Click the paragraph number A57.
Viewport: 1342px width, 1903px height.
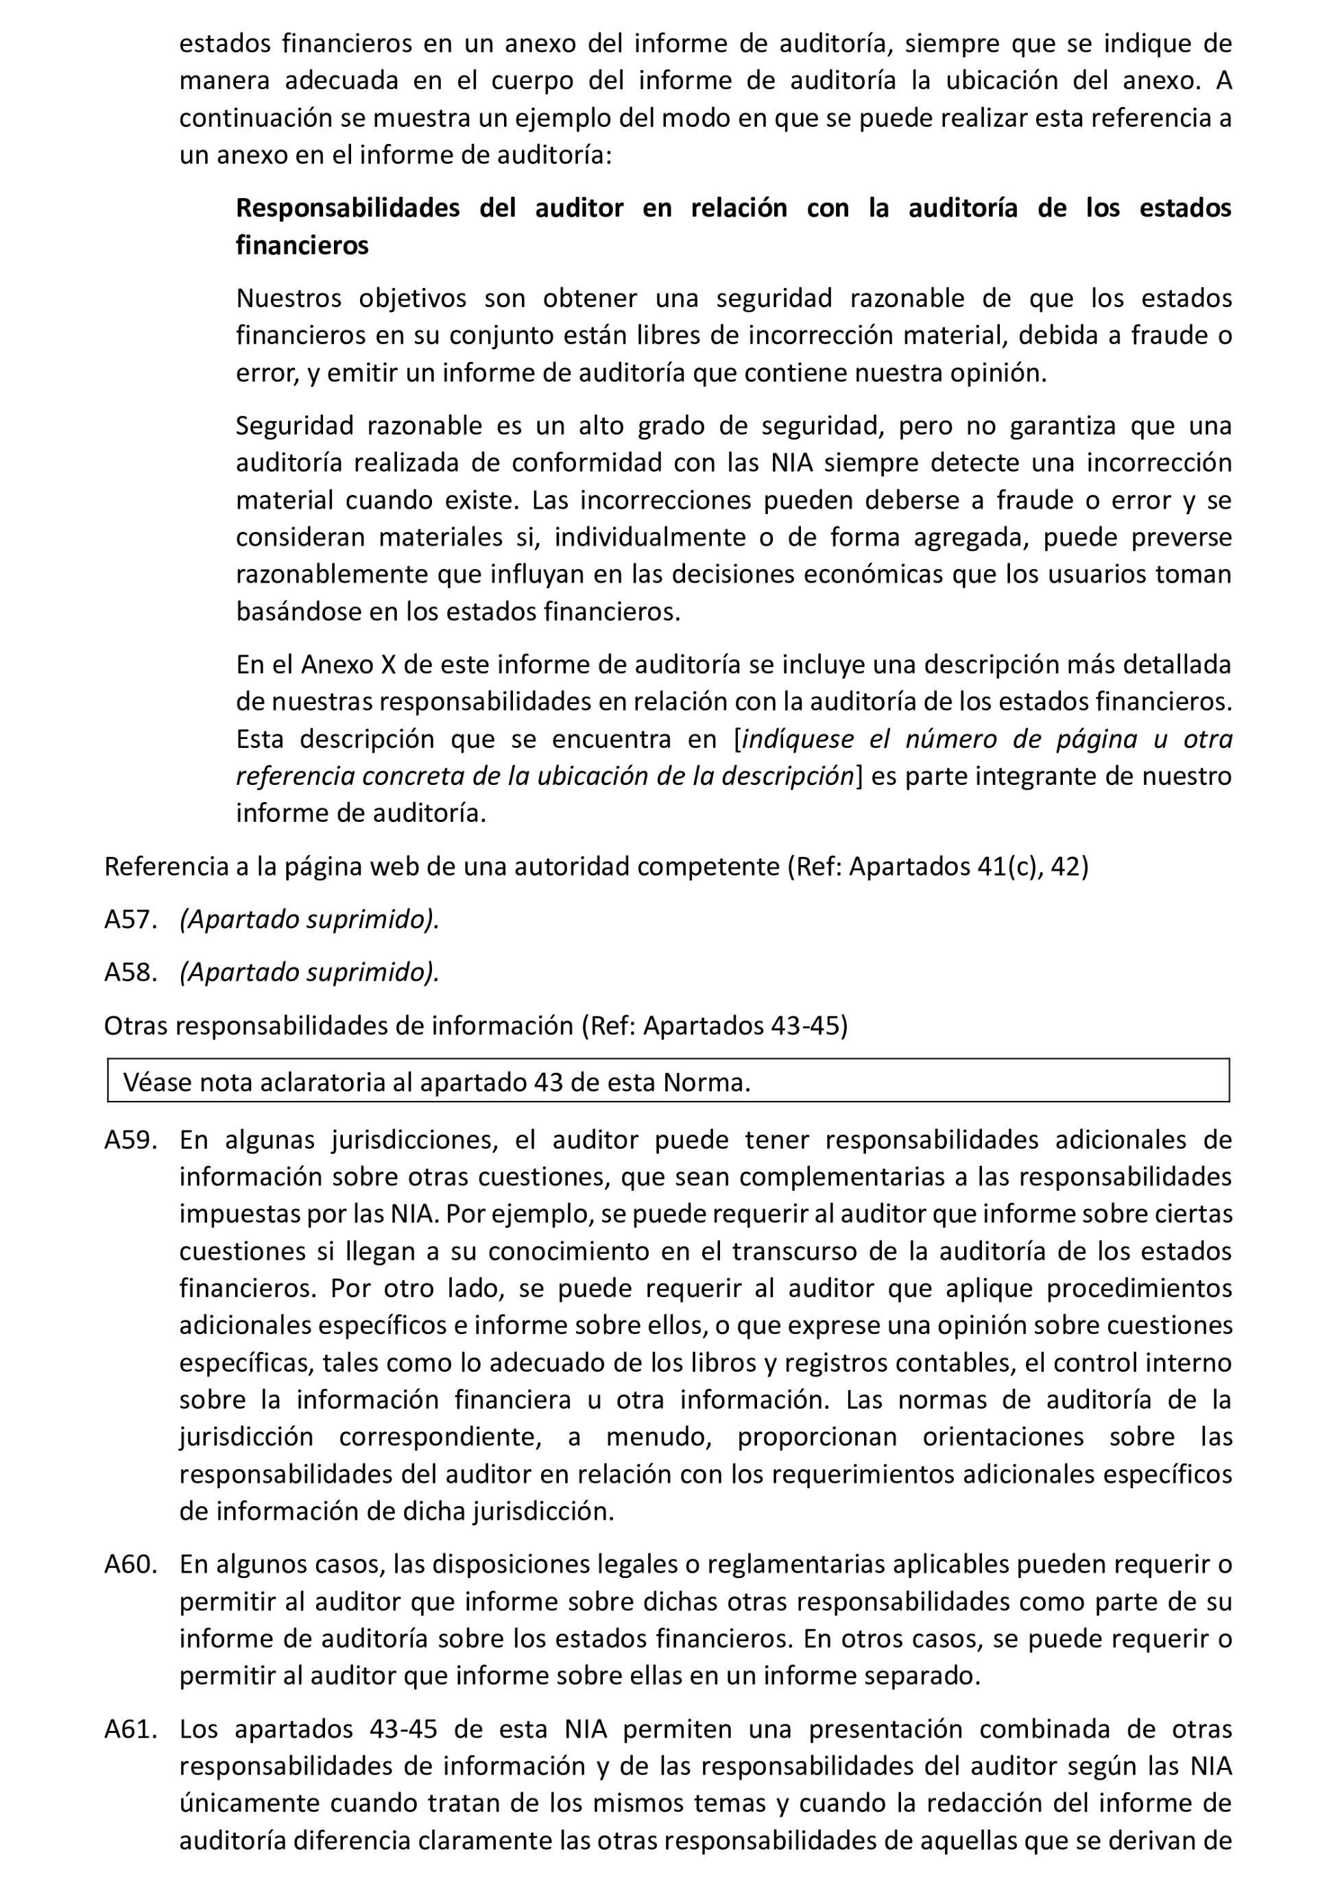[130, 919]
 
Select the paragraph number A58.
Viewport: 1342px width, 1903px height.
[130, 971]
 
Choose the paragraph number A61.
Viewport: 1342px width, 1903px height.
[130, 1729]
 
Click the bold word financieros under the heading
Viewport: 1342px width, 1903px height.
[302, 245]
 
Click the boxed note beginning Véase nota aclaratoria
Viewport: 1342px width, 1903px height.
[436, 1082]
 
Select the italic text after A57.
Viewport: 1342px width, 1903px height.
[309, 919]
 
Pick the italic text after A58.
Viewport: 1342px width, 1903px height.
[309, 971]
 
